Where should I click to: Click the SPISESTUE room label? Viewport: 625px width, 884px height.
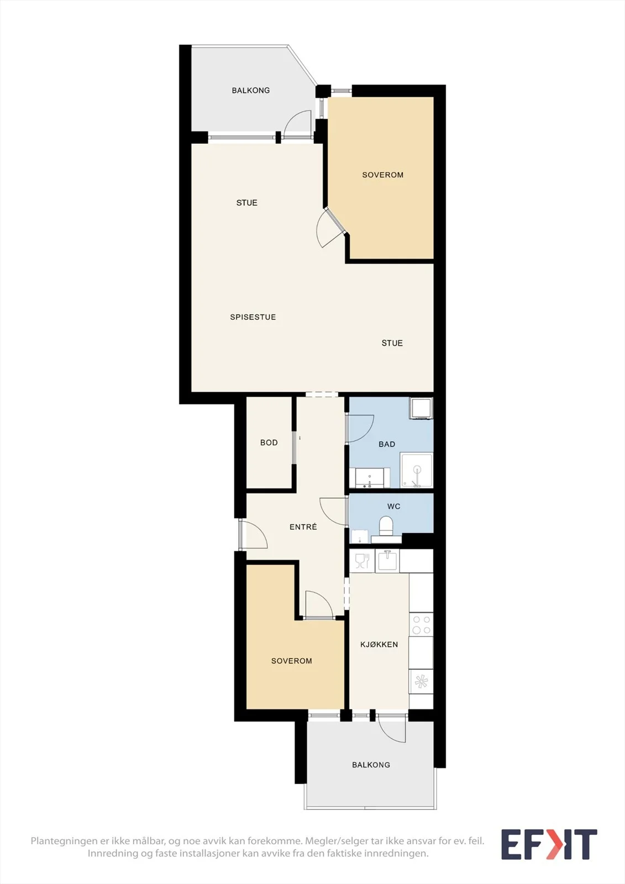253,317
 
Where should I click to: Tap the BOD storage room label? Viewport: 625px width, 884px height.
269,443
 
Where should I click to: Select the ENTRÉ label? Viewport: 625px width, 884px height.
303,527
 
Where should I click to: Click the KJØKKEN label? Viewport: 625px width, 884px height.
379,644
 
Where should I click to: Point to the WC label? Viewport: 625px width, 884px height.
393,506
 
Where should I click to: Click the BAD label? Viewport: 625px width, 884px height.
387,444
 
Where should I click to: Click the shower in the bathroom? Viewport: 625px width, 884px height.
417,470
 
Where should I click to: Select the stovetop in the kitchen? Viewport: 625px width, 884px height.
421,624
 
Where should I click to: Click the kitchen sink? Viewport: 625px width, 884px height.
387,561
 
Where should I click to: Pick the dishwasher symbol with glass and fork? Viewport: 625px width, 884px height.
362,561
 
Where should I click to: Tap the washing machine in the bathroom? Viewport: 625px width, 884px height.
421,408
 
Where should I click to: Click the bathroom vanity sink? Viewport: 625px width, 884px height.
370,477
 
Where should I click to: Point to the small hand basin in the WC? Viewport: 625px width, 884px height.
360,536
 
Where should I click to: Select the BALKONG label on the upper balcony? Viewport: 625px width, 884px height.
251,91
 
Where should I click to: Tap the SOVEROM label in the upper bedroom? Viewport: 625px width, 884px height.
382,175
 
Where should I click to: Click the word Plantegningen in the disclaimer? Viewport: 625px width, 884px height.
65,841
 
